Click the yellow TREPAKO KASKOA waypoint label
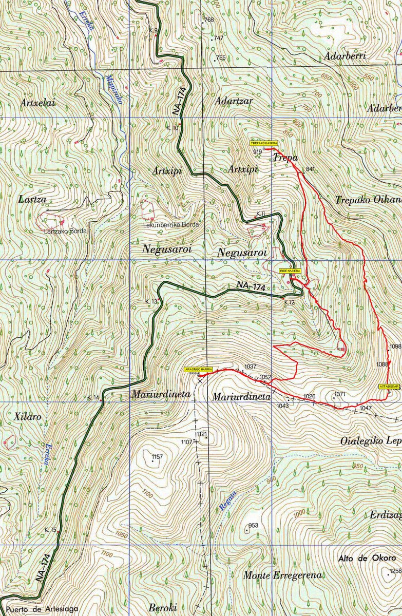point(264,143)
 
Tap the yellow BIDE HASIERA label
point(290,270)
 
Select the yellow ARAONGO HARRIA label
point(199,369)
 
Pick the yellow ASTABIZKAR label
point(389,386)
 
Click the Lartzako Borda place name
point(65,231)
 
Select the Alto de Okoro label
point(367,558)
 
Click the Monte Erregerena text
point(282,575)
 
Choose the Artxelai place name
point(37,103)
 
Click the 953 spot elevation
point(253,525)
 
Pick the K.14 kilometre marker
point(93,398)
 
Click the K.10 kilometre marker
point(172,127)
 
